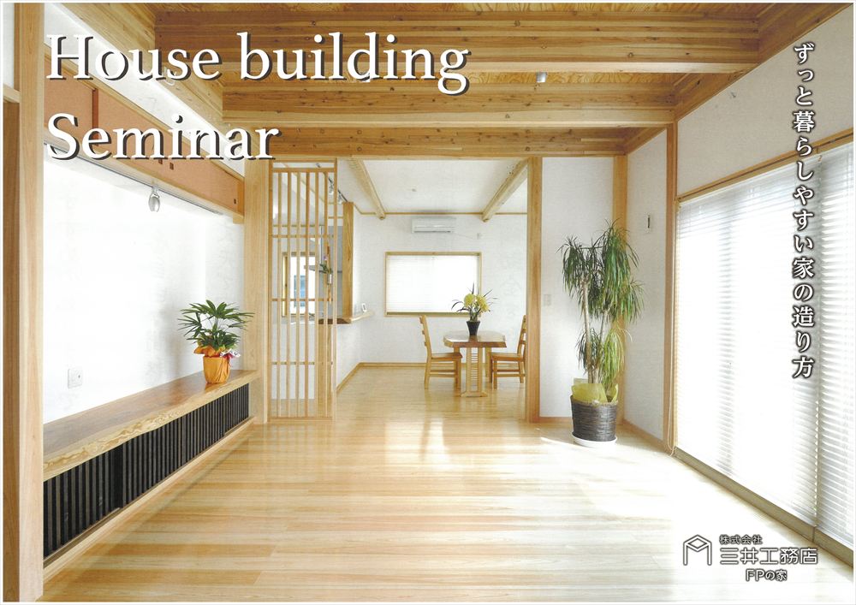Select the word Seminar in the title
pyautogui.click(x=163, y=135)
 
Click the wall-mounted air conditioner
pyautogui.click(x=434, y=224)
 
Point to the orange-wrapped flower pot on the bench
pyautogui.click(x=217, y=366)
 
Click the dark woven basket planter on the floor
pyautogui.click(x=593, y=419)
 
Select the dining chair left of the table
pyautogui.click(x=439, y=352)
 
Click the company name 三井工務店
pyautogui.click(x=768, y=556)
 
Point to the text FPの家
pyautogui.click(x=766, y=574)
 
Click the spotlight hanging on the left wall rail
pyautogui.click(x=154, y=199)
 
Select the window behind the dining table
pyautogui.click(x=432, y=284)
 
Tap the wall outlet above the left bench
pyautogui.click(x=74, y=377)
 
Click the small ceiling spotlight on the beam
pyautogui.click(x=540, y=77)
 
